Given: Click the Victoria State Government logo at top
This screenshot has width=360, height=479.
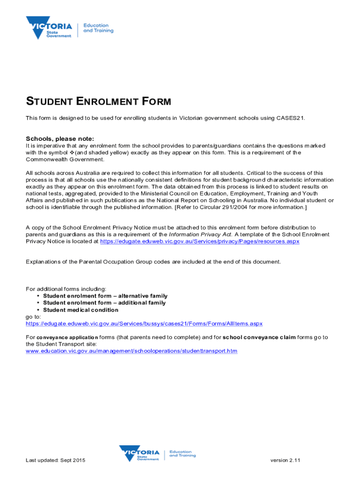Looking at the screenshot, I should click(x=49, y=28).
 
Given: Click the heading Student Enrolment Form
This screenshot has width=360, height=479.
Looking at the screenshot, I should click(x=98, y=102).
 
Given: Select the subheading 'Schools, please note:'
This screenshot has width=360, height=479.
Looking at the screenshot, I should click(x=60, y=138).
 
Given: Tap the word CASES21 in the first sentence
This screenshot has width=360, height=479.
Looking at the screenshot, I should click(x=290, y=118).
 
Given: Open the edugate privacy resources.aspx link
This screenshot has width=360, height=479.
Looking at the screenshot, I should click(x=200, y=241).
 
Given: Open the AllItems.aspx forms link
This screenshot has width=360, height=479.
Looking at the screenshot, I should click(x=144, y=323).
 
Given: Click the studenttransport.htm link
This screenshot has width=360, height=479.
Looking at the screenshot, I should click(x=131, y=350).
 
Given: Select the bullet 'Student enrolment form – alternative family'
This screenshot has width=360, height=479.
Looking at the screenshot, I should click(x=105, y=296).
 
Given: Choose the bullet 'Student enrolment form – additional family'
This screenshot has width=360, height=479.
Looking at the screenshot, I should click(x=104, y=303).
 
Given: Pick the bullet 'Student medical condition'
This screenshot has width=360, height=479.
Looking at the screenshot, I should click(x=80, y=310).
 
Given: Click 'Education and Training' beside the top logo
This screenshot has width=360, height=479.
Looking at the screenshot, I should click(x=98, y=28).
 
